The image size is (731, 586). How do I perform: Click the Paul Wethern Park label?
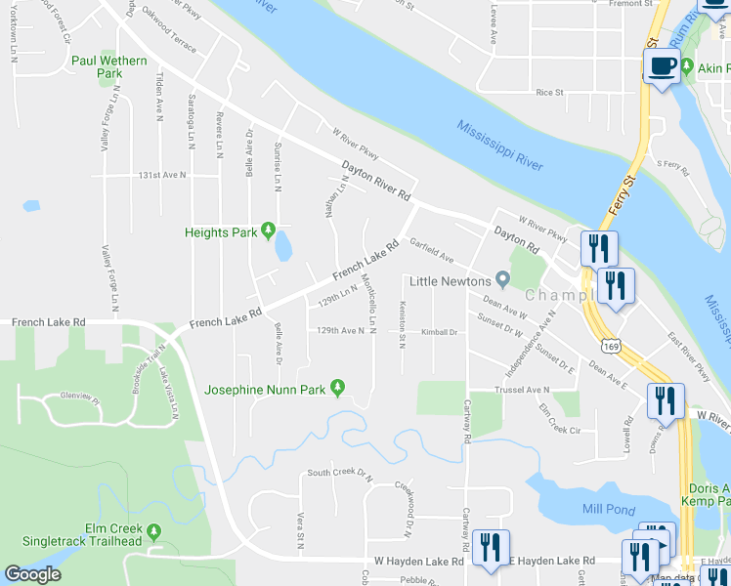click(109, 66)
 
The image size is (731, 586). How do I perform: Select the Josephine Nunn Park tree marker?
click(338, 389)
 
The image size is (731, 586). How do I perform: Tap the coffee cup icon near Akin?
click(663, 66)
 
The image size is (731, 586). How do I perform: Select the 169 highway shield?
click(612, 346)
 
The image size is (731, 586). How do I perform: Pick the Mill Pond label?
click(608, 509)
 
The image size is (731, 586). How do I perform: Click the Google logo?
click(32, 574)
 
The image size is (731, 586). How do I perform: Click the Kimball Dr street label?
click(439, 332)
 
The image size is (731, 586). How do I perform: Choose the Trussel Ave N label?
click(523, 390)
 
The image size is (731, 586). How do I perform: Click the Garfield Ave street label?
click(432, 251)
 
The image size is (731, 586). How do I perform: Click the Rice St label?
click(550, 93)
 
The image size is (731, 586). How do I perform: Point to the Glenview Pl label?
click(80, 397)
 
